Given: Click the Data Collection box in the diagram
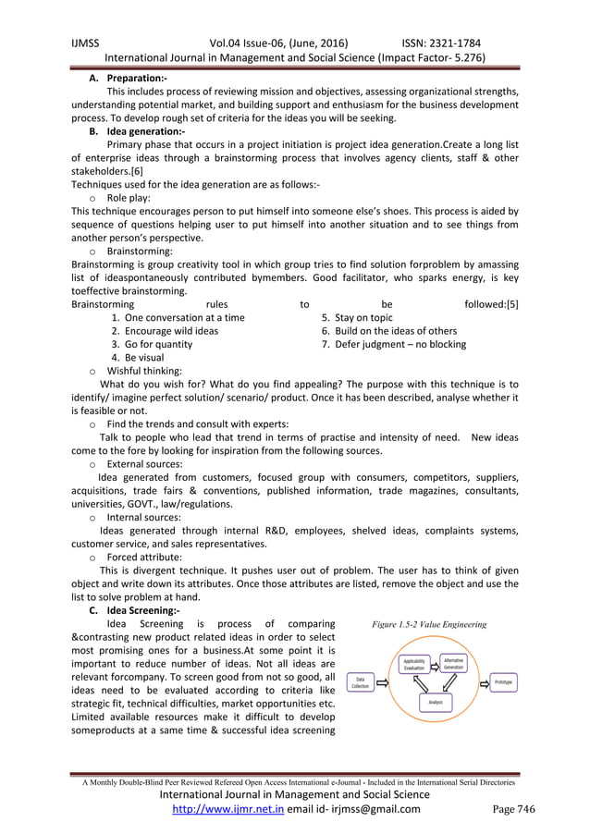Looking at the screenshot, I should [360, 682].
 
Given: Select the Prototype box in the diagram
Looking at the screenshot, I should [503, 681].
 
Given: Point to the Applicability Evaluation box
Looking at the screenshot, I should [413, 665].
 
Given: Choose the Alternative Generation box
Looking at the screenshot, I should [453, 663].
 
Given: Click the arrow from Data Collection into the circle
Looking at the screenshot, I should [383, 682].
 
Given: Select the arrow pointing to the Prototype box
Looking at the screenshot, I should [478, 681].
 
